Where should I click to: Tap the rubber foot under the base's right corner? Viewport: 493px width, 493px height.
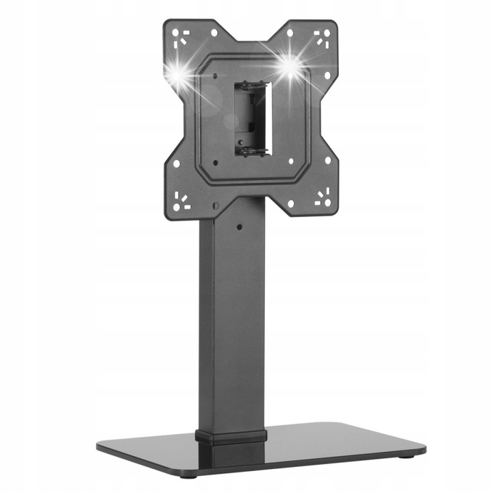pos(409,455)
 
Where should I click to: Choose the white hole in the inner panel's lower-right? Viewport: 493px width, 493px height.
pos(291,162)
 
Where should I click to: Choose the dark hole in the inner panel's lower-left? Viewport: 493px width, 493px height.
pos(215,163)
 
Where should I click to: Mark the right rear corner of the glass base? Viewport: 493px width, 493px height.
pos(397,426)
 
